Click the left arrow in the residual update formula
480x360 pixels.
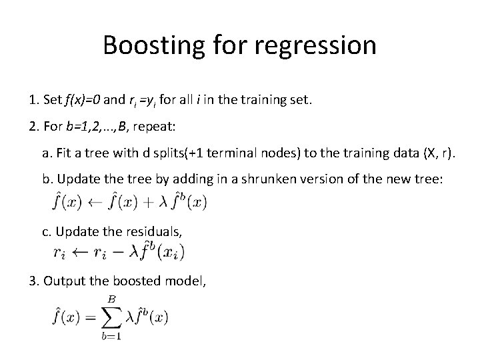coord(79,253)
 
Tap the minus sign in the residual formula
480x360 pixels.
coord(121,253)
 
